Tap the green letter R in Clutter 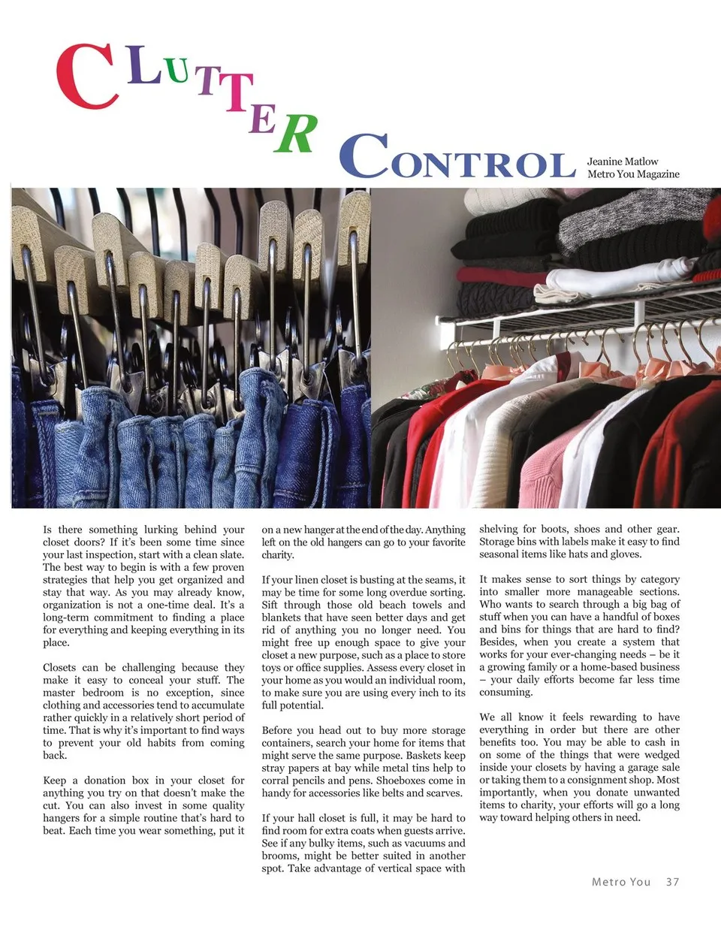point(295,134)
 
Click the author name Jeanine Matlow point(622,162)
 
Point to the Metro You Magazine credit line point(633,174)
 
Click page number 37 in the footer point(672,882)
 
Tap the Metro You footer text point(620,882)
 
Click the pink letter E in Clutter point(262,119)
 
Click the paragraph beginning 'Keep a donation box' point(143,805)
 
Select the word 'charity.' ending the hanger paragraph point(278,555)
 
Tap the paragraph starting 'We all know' point(579,767)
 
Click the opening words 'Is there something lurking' point(105,530)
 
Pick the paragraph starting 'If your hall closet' point(364,843)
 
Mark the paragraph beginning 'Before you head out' point(364,762)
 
